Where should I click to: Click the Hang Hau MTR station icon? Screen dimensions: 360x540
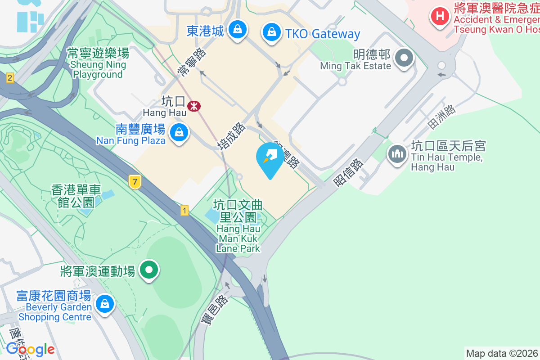[194, 107]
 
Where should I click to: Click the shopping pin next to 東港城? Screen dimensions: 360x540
[236, 30]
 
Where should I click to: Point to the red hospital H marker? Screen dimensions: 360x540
[440, 17]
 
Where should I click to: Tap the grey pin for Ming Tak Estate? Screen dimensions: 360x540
[404, 58]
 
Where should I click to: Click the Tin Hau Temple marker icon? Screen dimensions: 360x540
[397, 154]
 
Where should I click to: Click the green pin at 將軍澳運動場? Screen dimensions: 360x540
[149, 270]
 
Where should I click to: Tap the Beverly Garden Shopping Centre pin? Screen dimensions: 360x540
[105, 303]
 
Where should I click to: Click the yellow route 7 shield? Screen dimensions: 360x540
[134, 182]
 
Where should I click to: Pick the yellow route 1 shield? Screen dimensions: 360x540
[184, 210]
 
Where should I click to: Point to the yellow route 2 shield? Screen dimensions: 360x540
[9, 78]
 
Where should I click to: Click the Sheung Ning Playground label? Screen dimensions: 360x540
[98, 64]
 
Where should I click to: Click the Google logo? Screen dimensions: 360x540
[30, 349]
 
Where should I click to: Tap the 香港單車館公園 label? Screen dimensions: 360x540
[76, 196]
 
